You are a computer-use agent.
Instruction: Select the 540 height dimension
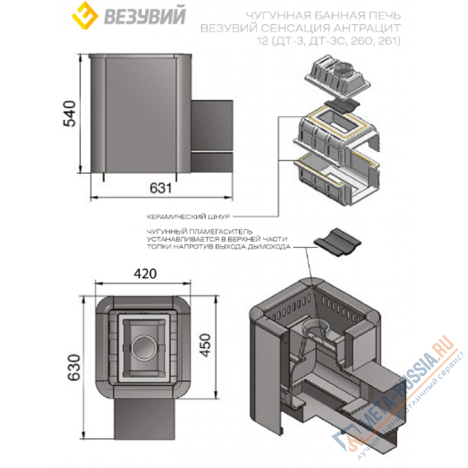[x=70, y=115]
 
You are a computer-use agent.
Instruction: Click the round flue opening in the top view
[x=142, y=349]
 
